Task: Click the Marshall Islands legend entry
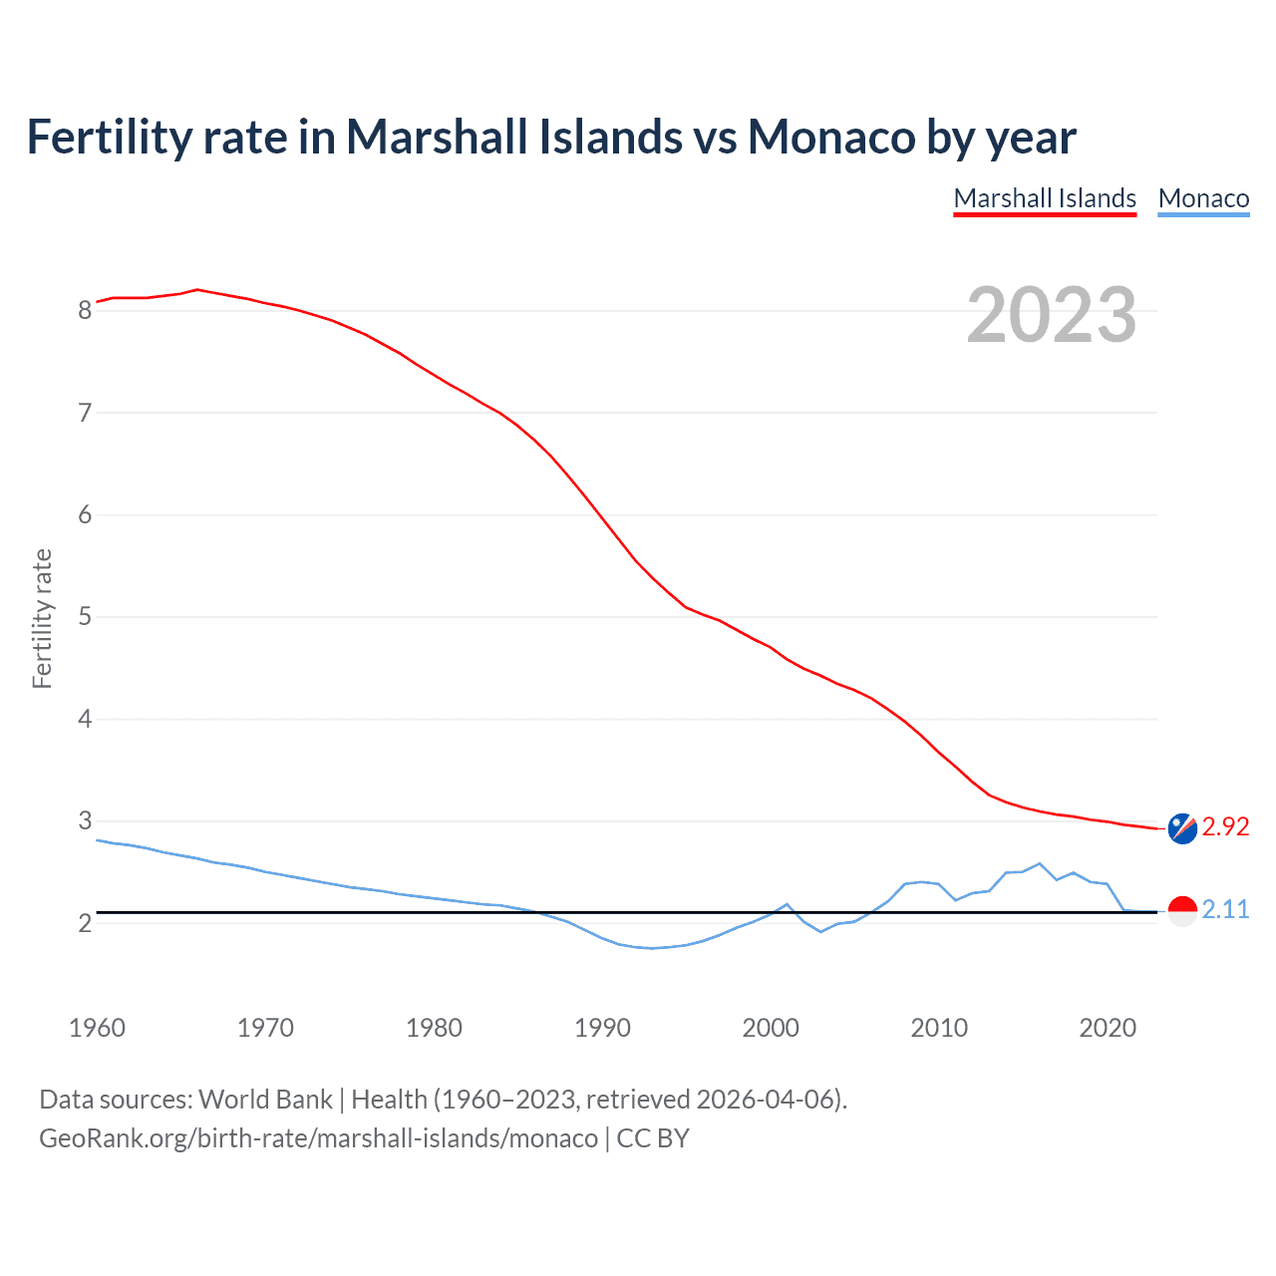coord(1045,198)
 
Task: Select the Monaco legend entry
coord(1203,198)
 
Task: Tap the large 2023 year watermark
coord(1052,315)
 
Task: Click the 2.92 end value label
coord(1225,827)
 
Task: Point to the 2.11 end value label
coord(1225,910)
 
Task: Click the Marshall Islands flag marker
coord(1182,828)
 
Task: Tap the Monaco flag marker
coord(1182,911)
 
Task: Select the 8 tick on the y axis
coord(85,311)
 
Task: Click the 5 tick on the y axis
coord(85,617)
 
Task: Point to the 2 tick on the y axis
coord(85,923)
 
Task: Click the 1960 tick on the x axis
coord(97,1028)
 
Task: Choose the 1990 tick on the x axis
coord(602,1028)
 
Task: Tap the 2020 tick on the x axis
coord(1108,1028)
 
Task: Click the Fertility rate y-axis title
coord(42,618)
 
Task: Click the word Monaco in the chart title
coord(831,137)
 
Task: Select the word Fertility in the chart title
coord(109,137)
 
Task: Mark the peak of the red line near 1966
coord(197,289)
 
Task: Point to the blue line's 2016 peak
coord(1040,863)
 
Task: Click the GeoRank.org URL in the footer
coord(318,1138)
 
